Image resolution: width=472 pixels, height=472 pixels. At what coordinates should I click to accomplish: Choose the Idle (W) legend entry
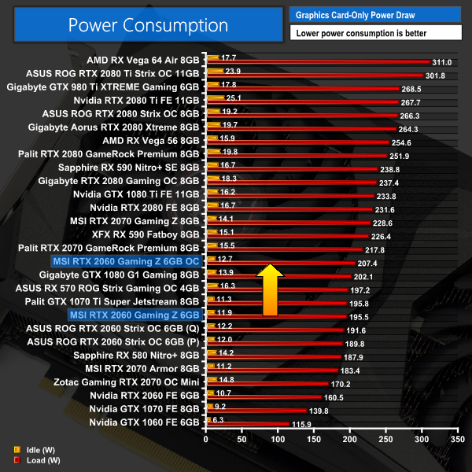[x=35, y=450]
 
